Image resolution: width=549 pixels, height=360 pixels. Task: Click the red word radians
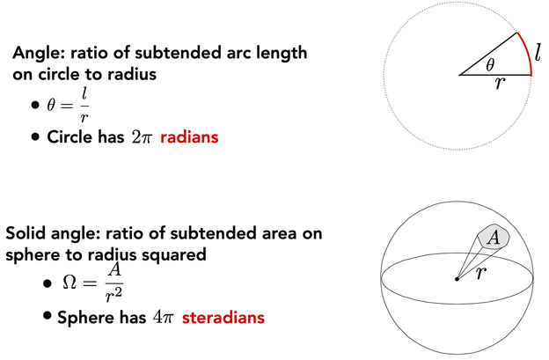tap(189, 137)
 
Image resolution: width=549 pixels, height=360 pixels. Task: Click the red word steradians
tap(223, 318)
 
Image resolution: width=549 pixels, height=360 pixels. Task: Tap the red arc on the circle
tap(527, 53)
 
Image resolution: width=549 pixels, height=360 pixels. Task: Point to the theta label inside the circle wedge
tap(490, 64)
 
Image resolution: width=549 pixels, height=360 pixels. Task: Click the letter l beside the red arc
tap(538, 52)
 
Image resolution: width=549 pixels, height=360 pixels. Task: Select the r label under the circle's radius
tap(500, 84)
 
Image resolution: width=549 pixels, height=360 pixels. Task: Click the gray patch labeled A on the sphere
tap(494, 237)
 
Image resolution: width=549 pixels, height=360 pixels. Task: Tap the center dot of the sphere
tap(457, 279)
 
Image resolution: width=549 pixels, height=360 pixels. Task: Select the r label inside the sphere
tap(482, 272)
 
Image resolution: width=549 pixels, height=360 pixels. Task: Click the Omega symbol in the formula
tap(69, 283)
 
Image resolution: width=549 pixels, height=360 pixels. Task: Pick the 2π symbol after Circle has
tap(142, 137)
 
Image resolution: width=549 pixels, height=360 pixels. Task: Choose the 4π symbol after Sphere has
tap(163, 318)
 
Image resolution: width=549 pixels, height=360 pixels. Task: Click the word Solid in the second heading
tap(26, 233)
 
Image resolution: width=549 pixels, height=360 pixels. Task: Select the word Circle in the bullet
tap(70, 137)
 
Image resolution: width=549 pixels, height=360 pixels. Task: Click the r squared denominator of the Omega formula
tap(113, 295)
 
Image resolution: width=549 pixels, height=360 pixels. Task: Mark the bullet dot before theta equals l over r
tap(35, 105)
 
